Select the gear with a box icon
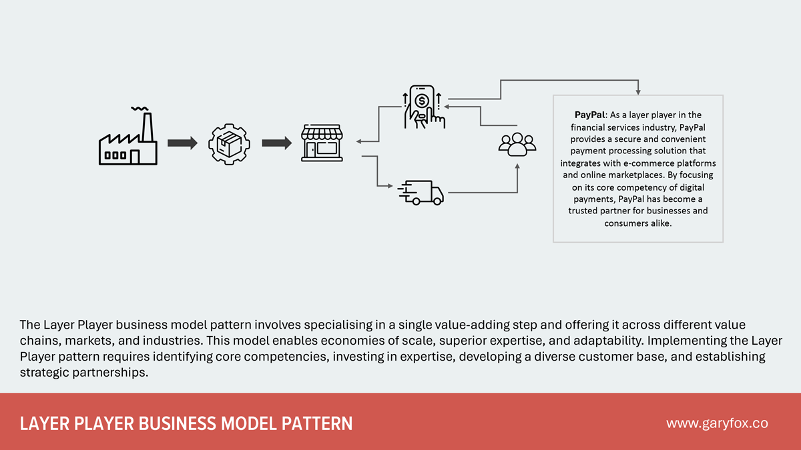[230, 143]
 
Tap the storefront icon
[322, 141]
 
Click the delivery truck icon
[421, 193]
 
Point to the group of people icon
[517, 144]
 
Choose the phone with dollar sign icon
[423, 107]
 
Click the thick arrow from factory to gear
[182, 143]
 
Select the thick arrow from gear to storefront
[276, 143]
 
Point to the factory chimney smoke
[140, 109]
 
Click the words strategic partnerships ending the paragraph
[83, 372]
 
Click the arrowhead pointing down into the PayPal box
[638, 90]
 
